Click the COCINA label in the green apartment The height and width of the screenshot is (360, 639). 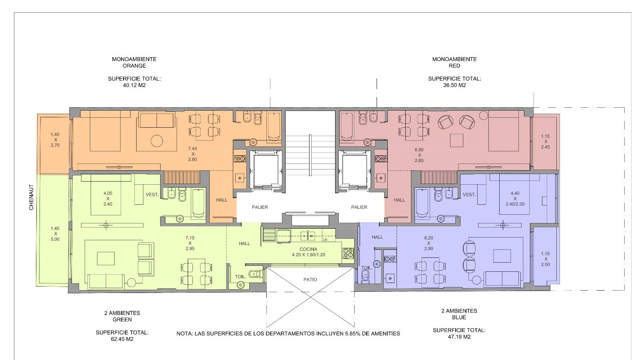point(308,249)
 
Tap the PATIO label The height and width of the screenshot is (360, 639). point(310,280)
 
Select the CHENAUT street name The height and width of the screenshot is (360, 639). point(32,197)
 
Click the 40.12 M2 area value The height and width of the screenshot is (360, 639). point(134,85)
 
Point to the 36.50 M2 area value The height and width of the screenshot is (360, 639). point(454,85)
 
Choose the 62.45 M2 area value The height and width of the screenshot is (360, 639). point(122,339)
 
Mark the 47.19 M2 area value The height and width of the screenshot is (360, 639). point(459,337)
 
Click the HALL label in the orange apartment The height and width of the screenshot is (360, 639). point(222,200)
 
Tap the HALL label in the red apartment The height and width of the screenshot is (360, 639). point(399,200)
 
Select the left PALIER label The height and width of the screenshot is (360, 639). point(260,207)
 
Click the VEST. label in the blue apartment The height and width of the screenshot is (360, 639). point(469,195)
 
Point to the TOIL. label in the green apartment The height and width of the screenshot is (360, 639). point(240,277)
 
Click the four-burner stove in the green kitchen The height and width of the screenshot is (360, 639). point(348,253)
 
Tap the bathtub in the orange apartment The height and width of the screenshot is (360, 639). point(274,127)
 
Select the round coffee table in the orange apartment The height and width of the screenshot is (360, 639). point(157,141)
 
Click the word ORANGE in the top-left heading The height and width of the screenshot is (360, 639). point(134,66)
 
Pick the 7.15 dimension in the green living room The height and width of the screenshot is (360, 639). point(190,238)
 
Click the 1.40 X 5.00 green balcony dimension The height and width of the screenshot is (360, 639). point(55,234)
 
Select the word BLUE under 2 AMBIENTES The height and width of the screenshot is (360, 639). point(459,318)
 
